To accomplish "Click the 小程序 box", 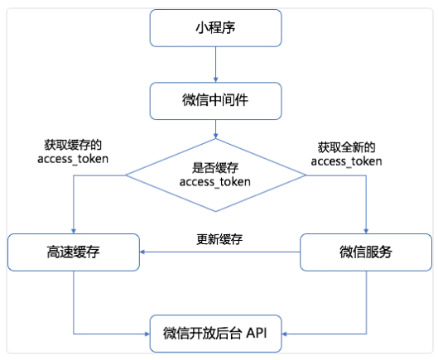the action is pyautogui.click(x=215, y=28).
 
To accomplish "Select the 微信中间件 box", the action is pyautogui.click(x=215, y=101).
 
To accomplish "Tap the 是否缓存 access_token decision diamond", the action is pyautogui.click(x=215, y=175).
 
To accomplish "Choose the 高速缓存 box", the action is pyautogui.click(x=74, y=252).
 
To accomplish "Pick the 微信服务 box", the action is pyautogui.click(x=366, y=252).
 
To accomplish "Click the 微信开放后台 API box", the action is pyautogui.click(x=215, y=334).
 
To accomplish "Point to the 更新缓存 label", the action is pyautogui.click(x=219, y=239).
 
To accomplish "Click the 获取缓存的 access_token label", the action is pyautogui.click(x=73, y=152).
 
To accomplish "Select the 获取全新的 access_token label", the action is pyautogui.click(x=346, y=155).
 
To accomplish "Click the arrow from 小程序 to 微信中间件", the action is pyautogui.click(x=215, y=65).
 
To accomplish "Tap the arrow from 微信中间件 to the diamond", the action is pyautogui.click(x=215, y=129).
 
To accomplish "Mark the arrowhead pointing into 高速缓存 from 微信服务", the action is pyautogui.click(x=142, y=252).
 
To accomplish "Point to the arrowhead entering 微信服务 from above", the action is pyautogui.click(x=366, y=231).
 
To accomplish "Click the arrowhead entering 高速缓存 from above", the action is pyautogui.click(x=74, y=231).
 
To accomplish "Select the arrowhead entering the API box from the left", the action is pyautogui.click(x=147, y=334).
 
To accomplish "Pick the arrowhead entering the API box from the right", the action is pyautogui.click(x=284, y=334).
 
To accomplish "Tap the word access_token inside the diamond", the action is pyautogui.click(x=214, y=182).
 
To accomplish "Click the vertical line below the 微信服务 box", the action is pyautogui.click(x=366, y=302).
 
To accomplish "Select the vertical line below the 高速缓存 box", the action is pyautogui.click(x=74, y=302).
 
